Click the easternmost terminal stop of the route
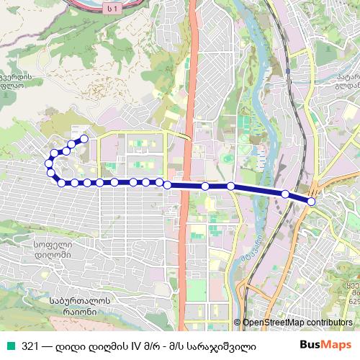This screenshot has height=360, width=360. point(311,202)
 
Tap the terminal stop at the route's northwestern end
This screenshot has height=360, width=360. point(84,138)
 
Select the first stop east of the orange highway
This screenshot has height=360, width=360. point(205,186)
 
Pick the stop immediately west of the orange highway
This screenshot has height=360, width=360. point(167,185)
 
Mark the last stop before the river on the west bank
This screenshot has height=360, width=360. point(230,186)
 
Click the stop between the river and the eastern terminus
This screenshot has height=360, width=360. point(285,194)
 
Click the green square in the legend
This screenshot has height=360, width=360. point(9,345)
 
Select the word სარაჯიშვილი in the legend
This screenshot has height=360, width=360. point(235,345)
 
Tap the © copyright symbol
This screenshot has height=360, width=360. point(237,323)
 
